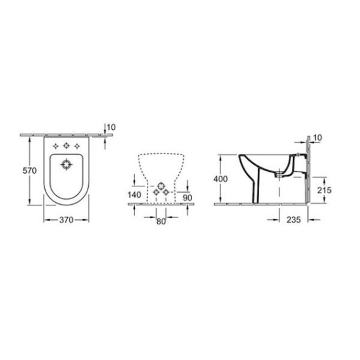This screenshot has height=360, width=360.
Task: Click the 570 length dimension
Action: [30, 170]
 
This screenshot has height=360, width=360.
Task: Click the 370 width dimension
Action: [67, 220]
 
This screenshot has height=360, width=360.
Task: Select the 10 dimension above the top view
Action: [112, 127]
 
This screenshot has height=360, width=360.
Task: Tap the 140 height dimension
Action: [134, 195]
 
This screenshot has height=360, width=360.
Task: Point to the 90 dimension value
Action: [188, 198]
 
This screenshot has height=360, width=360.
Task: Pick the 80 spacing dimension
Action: [161, 221]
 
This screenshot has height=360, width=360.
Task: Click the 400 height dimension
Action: [221, 179]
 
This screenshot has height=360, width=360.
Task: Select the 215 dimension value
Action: [325, 190]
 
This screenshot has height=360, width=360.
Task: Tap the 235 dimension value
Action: [293, 220]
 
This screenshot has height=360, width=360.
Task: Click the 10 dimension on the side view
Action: [318, 138]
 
